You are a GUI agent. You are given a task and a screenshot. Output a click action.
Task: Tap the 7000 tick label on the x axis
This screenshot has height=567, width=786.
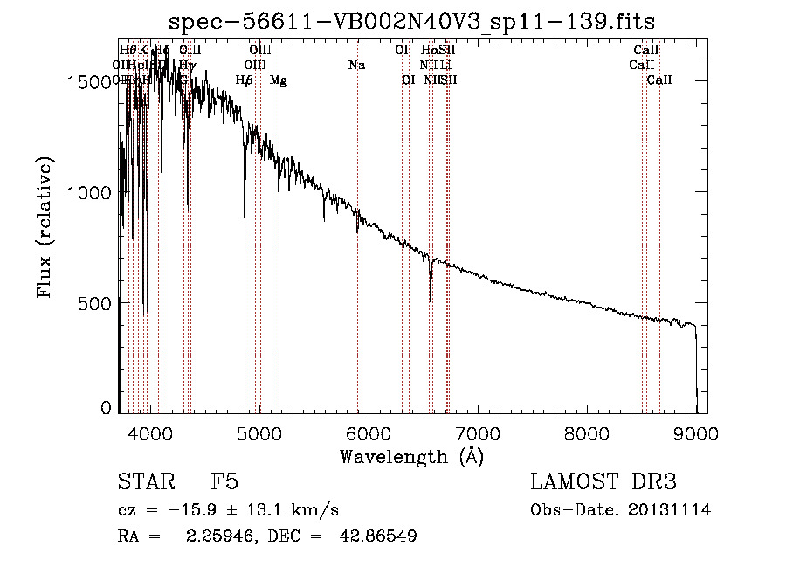478,432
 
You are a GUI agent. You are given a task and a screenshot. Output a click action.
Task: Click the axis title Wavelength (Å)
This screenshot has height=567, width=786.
412,456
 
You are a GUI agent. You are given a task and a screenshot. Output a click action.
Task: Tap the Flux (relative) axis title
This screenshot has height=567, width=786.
45,229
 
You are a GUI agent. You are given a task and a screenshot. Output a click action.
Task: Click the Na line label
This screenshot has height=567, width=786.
356,65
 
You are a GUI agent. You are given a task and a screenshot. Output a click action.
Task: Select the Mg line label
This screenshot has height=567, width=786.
278,80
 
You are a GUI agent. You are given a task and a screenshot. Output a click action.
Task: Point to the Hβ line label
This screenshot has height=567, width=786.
245,80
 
